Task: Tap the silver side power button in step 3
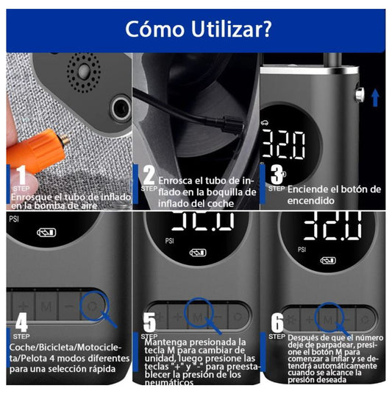click(360, 94)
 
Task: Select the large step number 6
click(277, 322)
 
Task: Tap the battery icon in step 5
click(198, 253)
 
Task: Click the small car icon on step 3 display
click(267, 124)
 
